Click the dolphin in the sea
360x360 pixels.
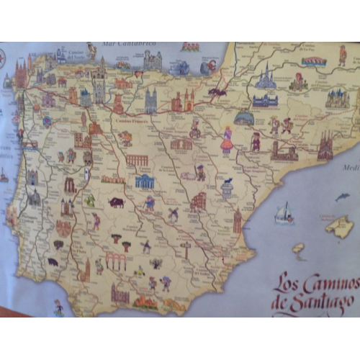pos(343,197)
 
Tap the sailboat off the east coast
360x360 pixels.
pos(285,213)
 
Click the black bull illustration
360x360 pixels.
pos(116,203)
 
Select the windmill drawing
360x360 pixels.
pos(173,214)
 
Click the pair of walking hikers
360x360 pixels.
pos(281,125)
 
